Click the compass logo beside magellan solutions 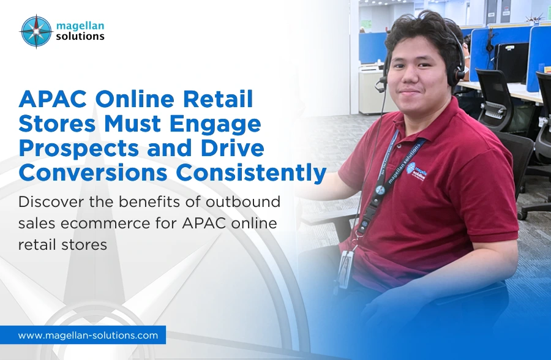tap(36, 31)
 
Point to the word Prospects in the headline tap(79, 149)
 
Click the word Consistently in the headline tap(251, 173)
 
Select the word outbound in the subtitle tap(243, 202)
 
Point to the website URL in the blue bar tap(88, 336)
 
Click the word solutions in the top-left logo tap(80, 36)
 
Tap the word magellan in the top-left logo tap(80, 26)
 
